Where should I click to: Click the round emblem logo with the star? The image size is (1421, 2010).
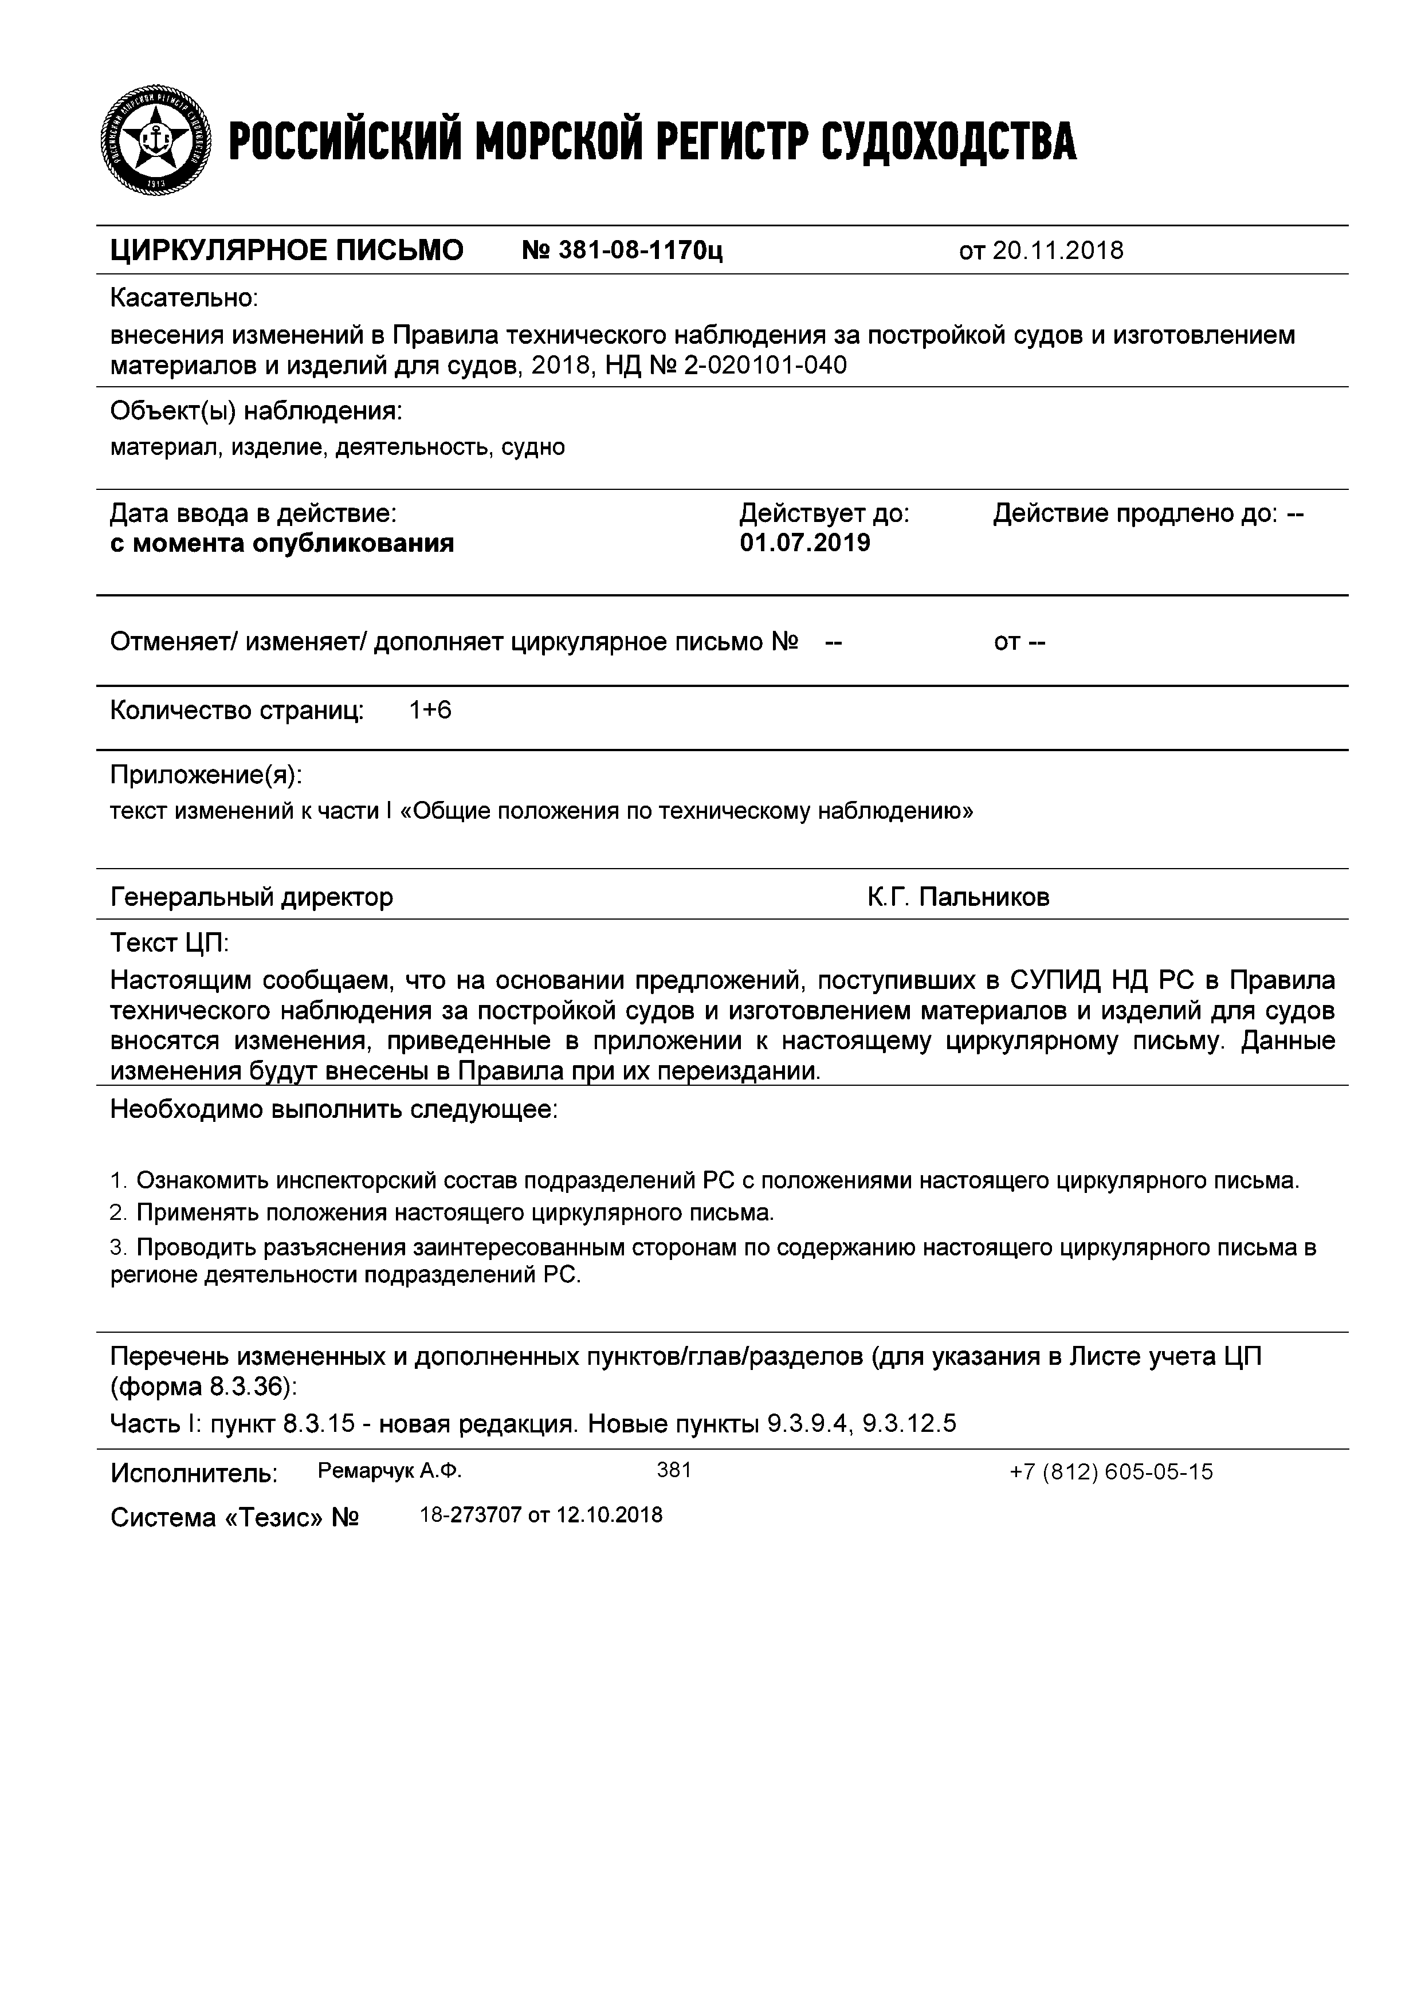[156, 140]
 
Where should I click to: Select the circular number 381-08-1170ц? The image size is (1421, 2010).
[622, 251]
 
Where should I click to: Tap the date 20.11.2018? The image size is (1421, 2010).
[1058, 251]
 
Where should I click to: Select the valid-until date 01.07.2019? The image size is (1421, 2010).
[804, 543]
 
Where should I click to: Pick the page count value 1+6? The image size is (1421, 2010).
[430, 710]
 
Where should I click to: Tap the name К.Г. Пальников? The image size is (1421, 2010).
[958, 897]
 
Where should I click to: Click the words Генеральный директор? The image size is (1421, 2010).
[252, 897]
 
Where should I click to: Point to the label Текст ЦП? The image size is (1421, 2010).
[169, 943]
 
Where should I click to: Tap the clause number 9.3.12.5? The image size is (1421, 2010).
[909, 1424]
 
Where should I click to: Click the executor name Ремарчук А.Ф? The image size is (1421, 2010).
[390, 1471]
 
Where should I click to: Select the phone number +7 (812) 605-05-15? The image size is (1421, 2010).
[1111, 1473]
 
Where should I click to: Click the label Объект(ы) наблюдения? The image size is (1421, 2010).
[256, 411]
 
